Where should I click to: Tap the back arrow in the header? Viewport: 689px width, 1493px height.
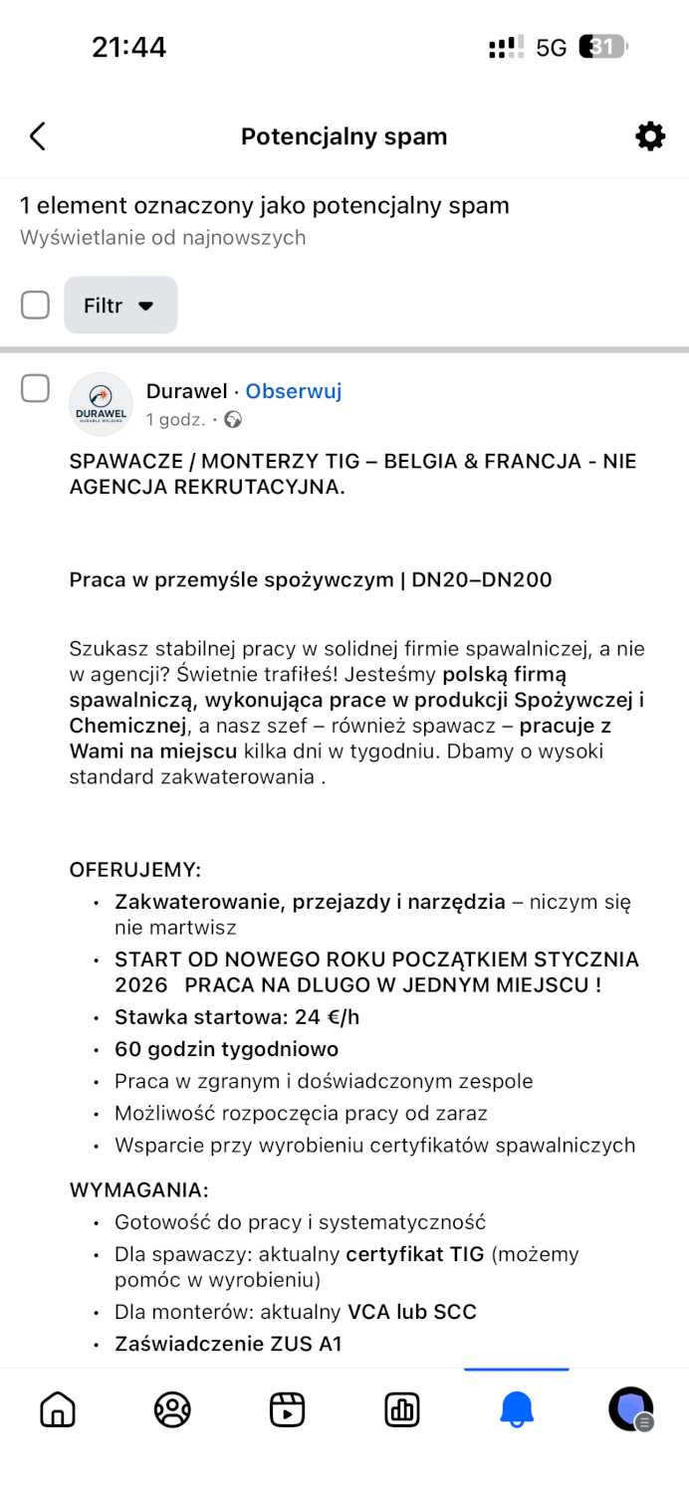click(x=38, y=136)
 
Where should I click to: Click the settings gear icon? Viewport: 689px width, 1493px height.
click(x=650, y=136)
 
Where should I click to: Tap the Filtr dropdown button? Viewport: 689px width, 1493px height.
click(x=120, y=306)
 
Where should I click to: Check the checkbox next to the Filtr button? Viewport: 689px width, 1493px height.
click(x=36, y=306)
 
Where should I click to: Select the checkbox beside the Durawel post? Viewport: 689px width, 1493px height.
click(x=36, y=389)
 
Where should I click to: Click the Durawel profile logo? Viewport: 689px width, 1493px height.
click(x=101, y=404)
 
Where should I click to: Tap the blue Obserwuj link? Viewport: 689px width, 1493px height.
click(x=294, y=391)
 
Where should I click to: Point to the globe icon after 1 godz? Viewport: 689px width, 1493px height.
click(x=233, y=420)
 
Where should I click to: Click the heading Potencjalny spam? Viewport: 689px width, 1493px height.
click(x=344, y=136)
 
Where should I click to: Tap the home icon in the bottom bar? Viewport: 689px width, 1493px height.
click(x=58, y=1409)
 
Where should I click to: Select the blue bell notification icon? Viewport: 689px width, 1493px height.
click(x=517, y=1409)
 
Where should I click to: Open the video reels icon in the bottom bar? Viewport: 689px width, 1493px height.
click(x=287, y=1409)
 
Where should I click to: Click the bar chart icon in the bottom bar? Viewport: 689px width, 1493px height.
click(x=402, y=1409)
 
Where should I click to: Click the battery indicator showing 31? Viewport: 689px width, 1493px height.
click(x=603, y=47)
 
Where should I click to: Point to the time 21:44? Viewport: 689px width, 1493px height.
click(x=128, y=47)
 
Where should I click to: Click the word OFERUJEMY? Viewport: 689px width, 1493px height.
click(x=134, y=870)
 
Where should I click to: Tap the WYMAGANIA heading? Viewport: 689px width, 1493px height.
click(x=138, y=1189)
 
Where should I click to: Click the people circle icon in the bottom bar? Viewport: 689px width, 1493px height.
click(x=172, y=1409)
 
